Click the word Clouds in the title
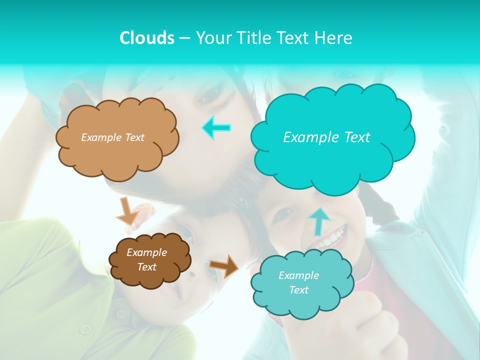point(146,38)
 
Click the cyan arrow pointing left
point(216,127)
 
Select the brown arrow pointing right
point(224,265)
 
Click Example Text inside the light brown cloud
point(112,137)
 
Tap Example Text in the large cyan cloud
point(326,137)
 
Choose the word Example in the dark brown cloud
point(146,252)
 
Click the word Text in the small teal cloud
point(298,290)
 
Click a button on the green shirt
point(87,329)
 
